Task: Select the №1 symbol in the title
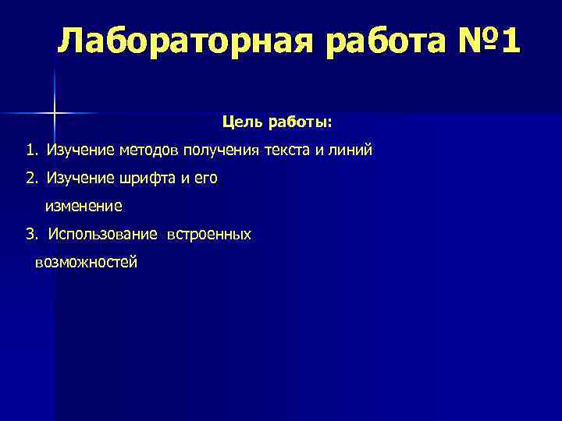click(484, 40)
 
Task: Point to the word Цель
click(240, 122)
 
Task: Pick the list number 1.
click(30, 150)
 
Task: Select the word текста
click(286, 150)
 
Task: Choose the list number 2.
click(30, 179)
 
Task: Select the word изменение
click(84, 207)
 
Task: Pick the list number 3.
click(30, 234)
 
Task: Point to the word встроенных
click(208, 234)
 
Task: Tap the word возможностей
click(87, 263)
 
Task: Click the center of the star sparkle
click(55, 114)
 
